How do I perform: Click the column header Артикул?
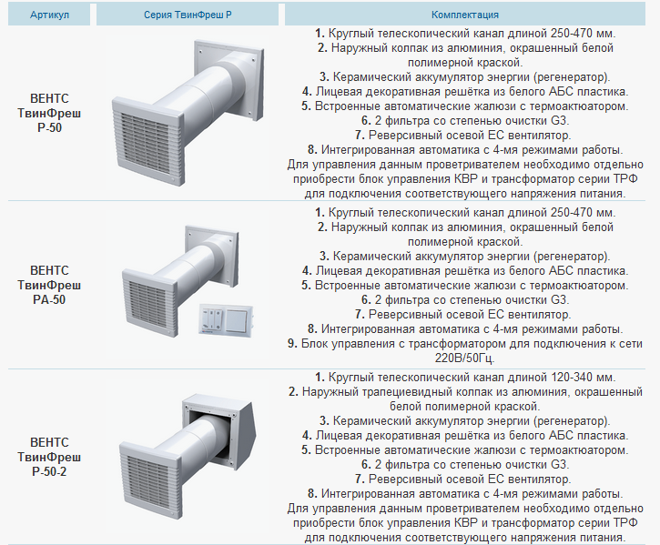49,15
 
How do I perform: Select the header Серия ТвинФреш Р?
188,15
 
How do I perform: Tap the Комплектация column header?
464,15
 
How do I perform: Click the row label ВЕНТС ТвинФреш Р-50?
49,113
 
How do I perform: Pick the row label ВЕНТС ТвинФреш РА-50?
49,285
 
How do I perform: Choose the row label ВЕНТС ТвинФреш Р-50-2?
49,457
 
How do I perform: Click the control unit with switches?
226,319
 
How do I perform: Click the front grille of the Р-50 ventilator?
148,141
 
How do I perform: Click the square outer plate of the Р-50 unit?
229,79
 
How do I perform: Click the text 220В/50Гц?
464,358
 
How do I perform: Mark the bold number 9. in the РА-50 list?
293,343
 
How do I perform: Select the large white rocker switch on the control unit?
238,319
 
